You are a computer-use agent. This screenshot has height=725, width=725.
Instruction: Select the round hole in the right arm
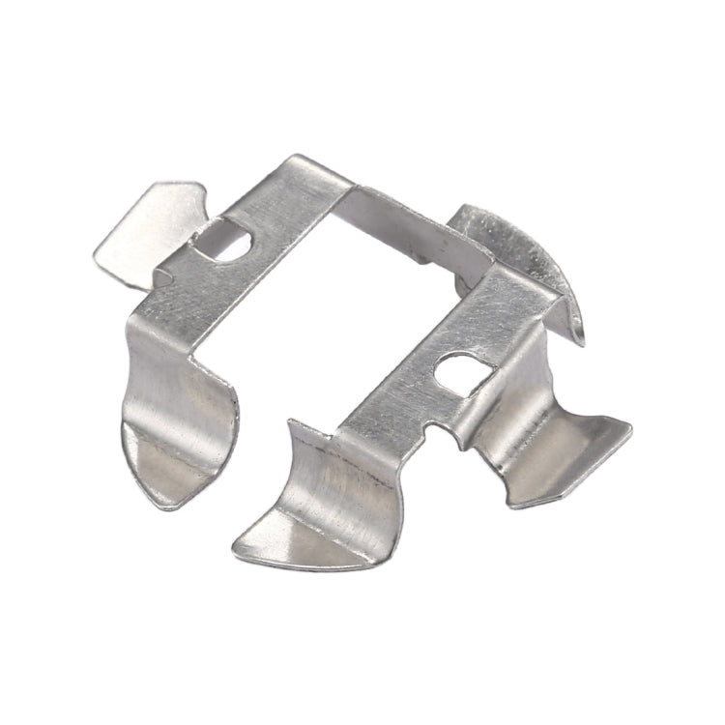[457, 372]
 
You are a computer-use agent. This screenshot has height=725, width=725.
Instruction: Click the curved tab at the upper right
[517, 246]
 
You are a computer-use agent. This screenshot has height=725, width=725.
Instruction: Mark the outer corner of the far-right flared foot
[629, 426]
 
